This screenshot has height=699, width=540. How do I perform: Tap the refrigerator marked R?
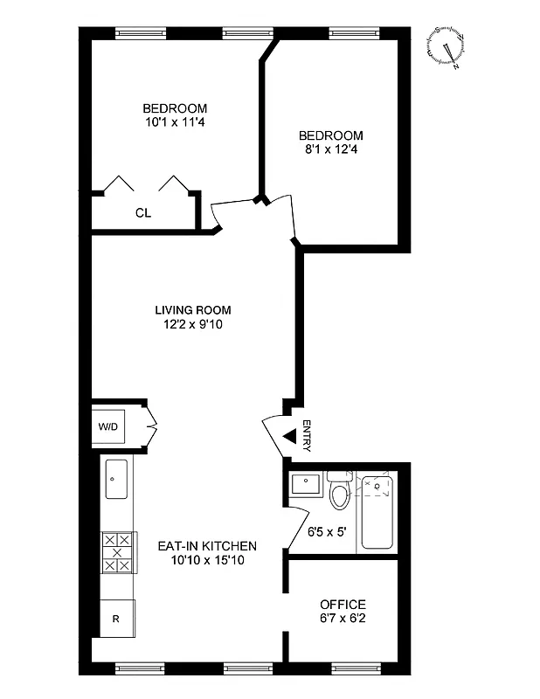coord(115,619)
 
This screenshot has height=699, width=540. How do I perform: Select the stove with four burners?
coord(118,553)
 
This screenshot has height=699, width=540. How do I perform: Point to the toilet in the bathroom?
coord(340,493)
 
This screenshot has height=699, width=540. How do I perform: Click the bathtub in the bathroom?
coord(377,511)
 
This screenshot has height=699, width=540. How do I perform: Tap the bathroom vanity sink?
coord(304,482)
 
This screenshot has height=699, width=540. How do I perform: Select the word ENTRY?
coord(307,436)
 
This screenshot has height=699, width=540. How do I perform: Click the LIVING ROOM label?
coord(193,310)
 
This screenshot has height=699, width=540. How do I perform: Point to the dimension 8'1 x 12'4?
coord(330,149)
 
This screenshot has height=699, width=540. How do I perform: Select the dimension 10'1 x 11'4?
coord(175,123)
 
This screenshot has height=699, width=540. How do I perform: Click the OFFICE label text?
coord(343,605)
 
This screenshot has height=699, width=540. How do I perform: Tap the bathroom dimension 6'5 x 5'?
coord(328,529)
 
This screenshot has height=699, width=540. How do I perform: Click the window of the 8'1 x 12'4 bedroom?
coord(353,33)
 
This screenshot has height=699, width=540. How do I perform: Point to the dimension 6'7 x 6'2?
coord(343,619)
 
